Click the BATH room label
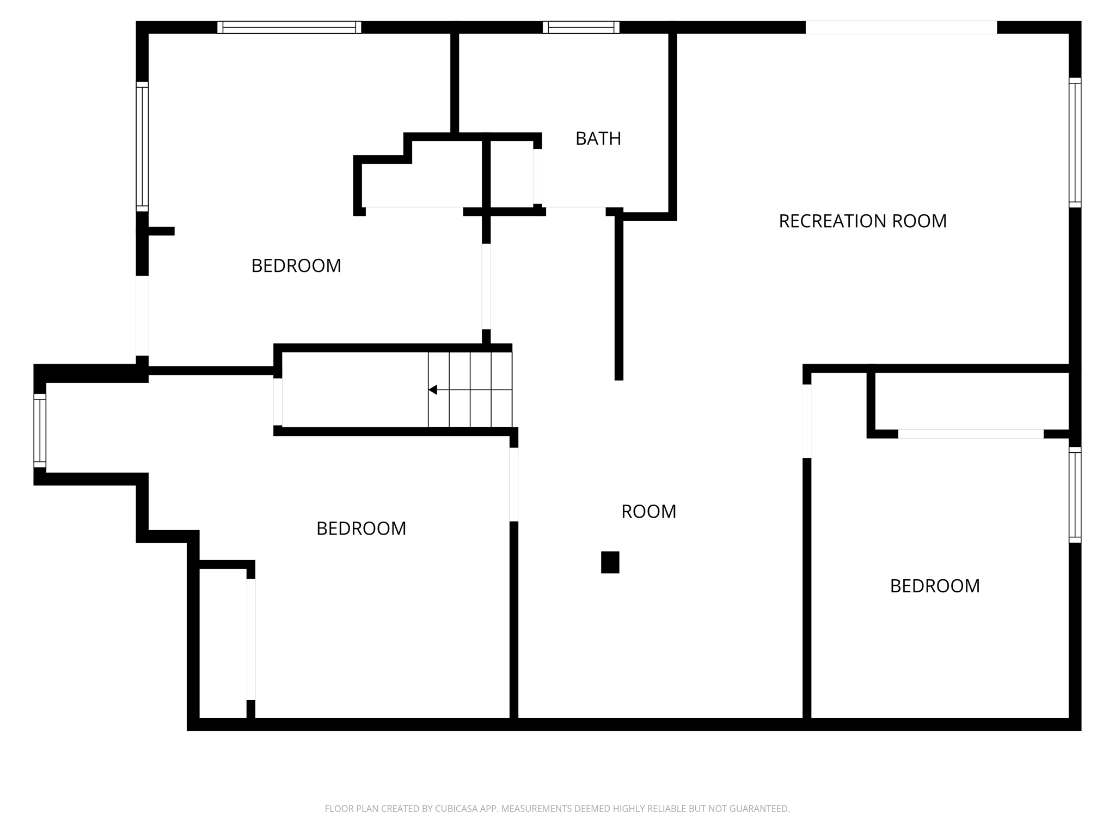pos(598,138)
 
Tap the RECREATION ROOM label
pos(862,221)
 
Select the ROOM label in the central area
pos(648,511)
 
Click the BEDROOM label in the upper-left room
pos(296,265)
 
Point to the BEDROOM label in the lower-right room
pos(934,586)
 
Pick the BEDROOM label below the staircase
pos(361,528)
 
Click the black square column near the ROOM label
pos(610,562)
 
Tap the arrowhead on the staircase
pos(433,390)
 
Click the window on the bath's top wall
pos(581,27)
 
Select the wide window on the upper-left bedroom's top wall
pos(289,27)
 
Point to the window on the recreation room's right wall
pos(1075,142)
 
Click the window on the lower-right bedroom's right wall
pos(1075,494)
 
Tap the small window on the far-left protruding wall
pos(40,430)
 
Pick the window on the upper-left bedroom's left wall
pos(142,146)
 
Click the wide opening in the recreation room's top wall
pos(901,27)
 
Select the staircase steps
pos(470,390)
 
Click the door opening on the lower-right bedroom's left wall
pos(807,421)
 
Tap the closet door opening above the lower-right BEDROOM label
pos(971,434)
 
